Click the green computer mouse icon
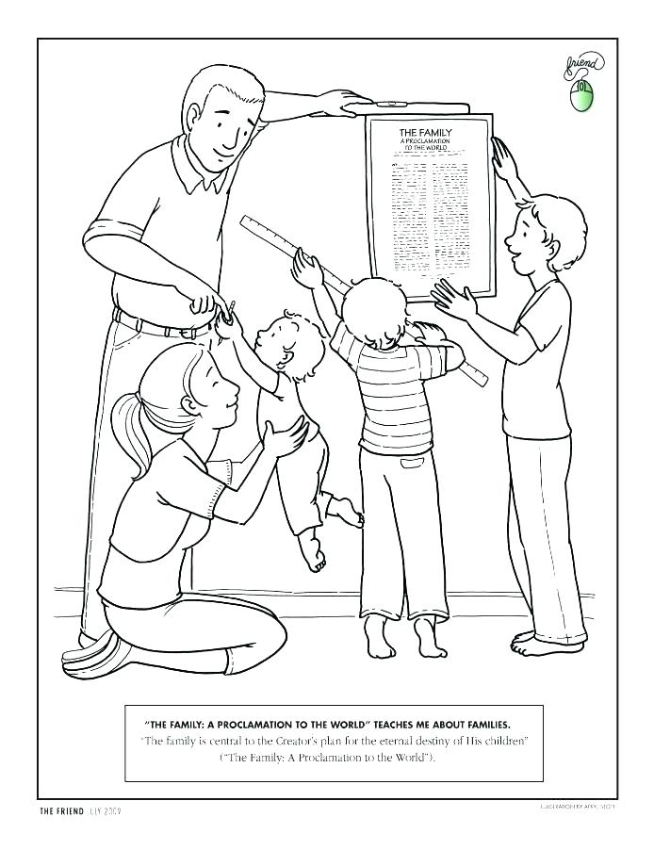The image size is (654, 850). coord(580,95)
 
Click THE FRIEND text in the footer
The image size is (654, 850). coord(60,811)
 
